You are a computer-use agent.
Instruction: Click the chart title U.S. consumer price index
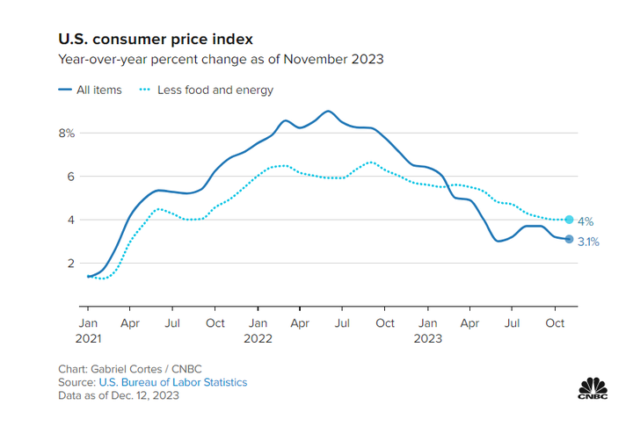pos(156,40)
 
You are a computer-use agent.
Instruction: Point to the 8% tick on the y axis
pos(67,134)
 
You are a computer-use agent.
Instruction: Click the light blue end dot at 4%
pos(569,220)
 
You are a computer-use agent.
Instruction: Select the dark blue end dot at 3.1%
pos(569,239)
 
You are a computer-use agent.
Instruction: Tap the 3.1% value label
pos(588,242)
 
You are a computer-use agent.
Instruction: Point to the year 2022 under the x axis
pos(258,338)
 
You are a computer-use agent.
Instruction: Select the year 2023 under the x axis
pos(427,338)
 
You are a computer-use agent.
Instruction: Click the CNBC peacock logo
pos(594,387)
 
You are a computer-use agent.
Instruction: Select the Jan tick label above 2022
pos(258,323)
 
